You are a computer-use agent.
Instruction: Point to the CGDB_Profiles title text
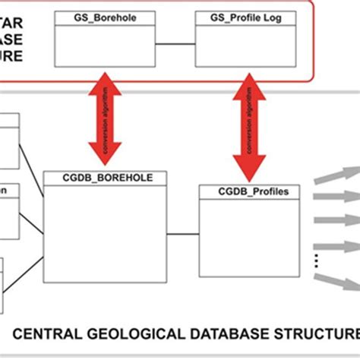point(244,192)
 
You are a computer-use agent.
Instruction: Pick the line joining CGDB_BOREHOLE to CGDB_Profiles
point(182,233)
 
